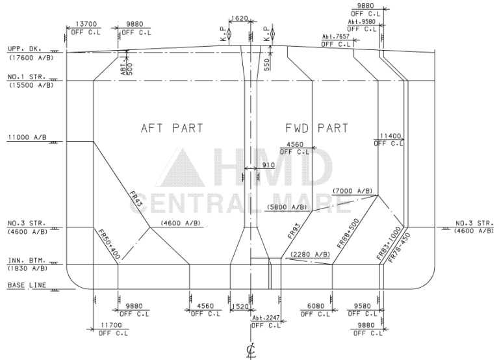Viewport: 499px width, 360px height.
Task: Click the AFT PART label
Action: (172, 128)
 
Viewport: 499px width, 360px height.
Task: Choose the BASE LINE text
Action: (26, 285)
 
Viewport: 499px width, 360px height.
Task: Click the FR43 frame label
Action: (135, 199)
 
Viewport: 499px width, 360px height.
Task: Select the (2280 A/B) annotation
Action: (310, 254)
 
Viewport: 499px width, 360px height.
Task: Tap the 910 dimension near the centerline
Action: (268, 165)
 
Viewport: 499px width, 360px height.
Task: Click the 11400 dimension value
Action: (391, 136)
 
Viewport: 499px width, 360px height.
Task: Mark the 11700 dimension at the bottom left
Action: (113, 326)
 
